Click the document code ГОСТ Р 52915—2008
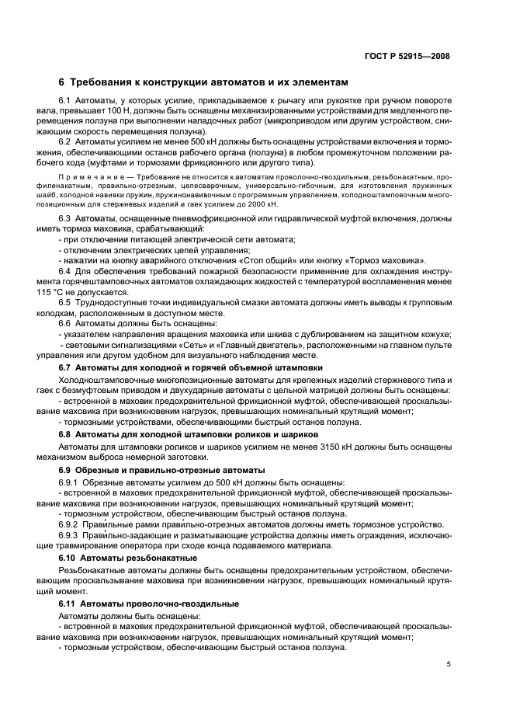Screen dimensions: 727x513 (412, 56)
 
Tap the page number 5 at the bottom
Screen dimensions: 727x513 (449, 664)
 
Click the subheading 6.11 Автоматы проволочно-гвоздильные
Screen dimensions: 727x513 (149, 603)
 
